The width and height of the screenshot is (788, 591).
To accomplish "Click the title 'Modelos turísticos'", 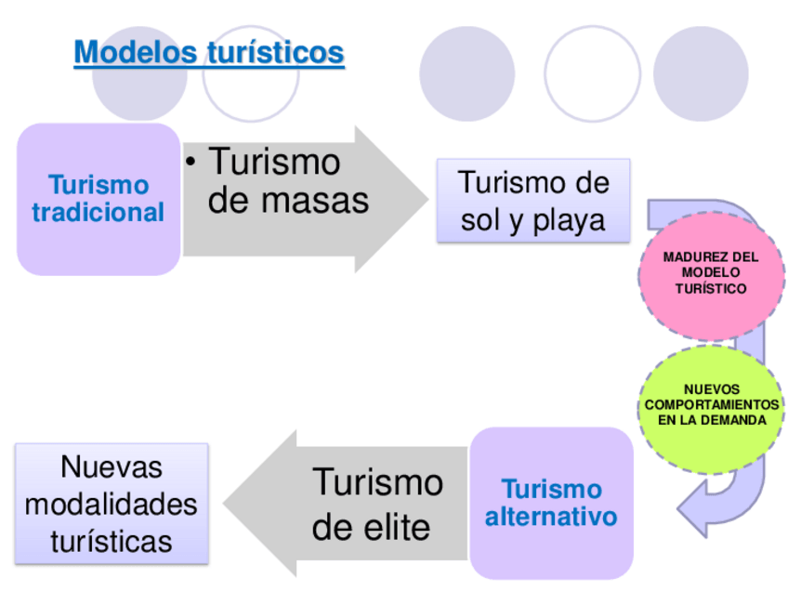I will (x=209, y=52).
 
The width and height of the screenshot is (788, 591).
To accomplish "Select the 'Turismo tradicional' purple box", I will (x=98, y=199).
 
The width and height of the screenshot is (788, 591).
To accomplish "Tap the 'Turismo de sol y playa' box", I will (x=533, y=200).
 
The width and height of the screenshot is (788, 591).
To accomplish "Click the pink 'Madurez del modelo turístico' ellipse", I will (x=711, y=273).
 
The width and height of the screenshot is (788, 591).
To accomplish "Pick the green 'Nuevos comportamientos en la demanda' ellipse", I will (x=712, y=405).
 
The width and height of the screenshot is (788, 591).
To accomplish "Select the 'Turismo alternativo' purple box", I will (x=551, y=502).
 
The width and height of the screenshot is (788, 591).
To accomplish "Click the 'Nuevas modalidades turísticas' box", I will (x=112, y=504).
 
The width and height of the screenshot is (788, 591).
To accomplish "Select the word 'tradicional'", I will (x=98, y=213).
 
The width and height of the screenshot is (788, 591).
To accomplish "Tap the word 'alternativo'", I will (x=551, y=516).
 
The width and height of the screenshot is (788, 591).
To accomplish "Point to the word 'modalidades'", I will (x=112, y=504).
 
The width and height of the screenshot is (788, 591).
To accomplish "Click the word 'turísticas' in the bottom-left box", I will (x=112, y=541).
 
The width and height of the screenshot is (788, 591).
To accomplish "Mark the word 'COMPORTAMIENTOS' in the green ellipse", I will (x=712, y=405).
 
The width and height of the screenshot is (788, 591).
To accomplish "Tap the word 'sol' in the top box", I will (x=482, y=220).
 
